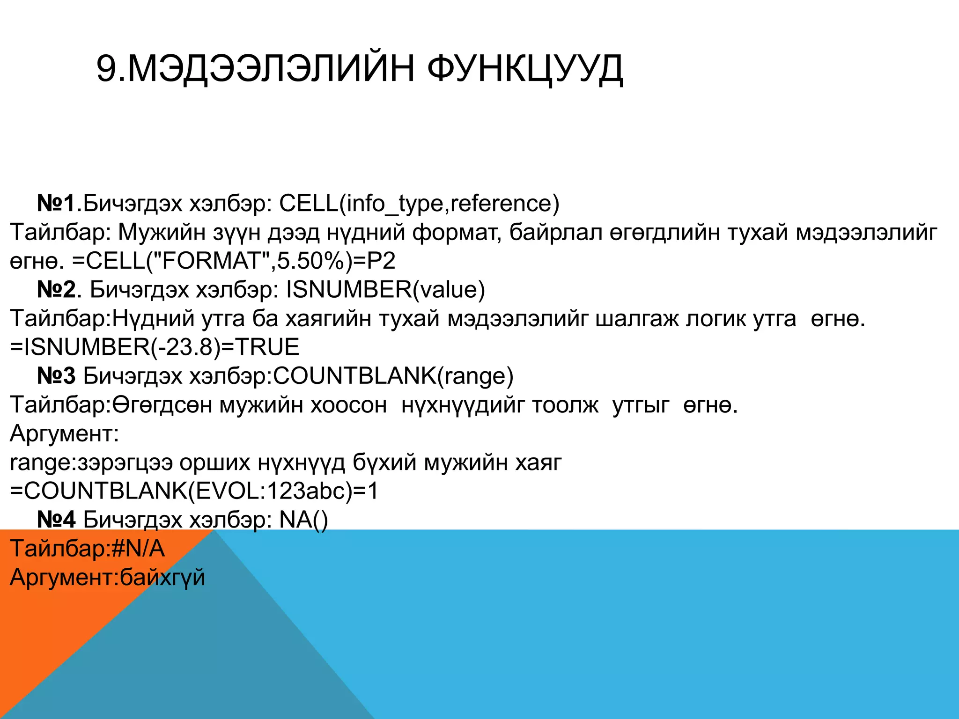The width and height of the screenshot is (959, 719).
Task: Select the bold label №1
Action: point(57,203)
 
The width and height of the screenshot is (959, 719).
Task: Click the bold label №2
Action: point(57,289)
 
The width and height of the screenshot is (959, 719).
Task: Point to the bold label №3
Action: point(57,376)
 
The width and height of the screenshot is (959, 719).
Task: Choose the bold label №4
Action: point(57,520)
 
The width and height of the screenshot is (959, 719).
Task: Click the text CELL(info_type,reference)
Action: point(419,203)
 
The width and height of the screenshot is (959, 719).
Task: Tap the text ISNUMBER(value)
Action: point(385,289)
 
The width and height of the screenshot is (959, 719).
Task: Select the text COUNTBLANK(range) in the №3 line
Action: point(393,376)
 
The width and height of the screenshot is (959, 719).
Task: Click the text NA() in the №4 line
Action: point(303,520)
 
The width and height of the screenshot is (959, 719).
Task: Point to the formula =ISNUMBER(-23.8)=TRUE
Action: point(155,347)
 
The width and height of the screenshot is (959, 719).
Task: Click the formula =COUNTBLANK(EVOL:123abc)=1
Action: point(194,491)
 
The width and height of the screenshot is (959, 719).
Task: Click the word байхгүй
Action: point(162,577)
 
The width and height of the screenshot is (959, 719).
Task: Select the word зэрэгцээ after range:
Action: point(125,462)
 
